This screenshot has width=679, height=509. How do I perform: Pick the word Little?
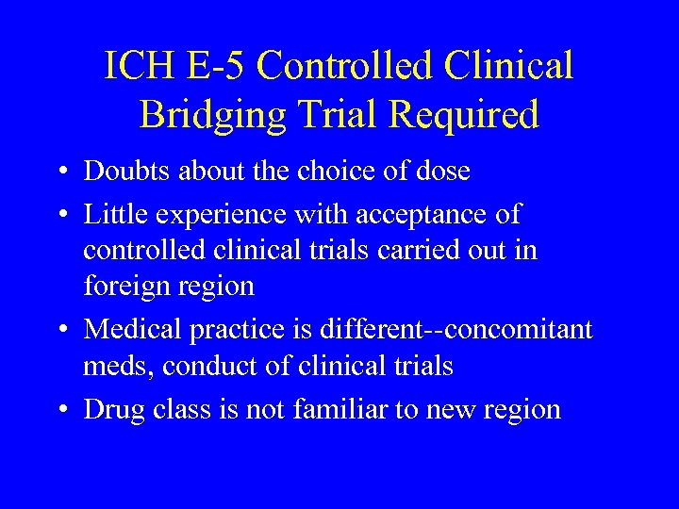pyautogui.click(x=111, y=214)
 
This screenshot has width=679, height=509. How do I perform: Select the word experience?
pyautogui.click(x=210, y=216)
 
